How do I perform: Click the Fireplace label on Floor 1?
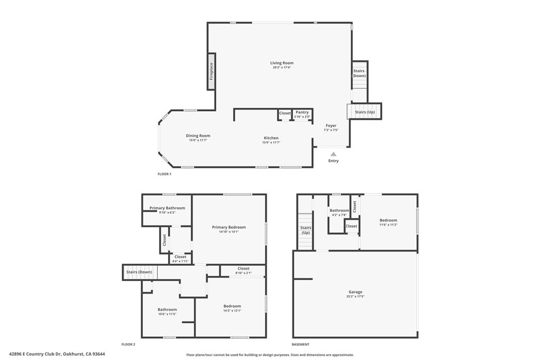pyautogui.click(x=211, y=71)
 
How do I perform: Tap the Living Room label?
pyautogui.click(x=282, y=63)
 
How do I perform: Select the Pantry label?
pyautogui.click(x=302, y=112)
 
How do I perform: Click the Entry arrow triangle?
pyautogui.click(x=333, y=154)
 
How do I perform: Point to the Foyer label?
pyautogui.click(x=331, y=125)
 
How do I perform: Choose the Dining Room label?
pyautogui.click(x=198, y=135)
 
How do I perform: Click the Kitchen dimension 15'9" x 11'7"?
pyautogui.click(x=271, y=142)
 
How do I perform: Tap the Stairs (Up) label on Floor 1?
pyautogui.click(x=365, y=112)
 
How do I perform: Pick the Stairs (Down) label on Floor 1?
pyautogui.click(x=359, y=73)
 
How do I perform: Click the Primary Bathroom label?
pyautogui.click(x=167, y=208)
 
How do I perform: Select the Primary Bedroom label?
pyautogui.click(x=229, y=227)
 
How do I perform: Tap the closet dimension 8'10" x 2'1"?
pyautogui.click(x=243, y=273)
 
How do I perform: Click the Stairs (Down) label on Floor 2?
pyautogui.click(x=139, y=272)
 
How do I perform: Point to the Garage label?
pyautogui.click(x=355, y=291)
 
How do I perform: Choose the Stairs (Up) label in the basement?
pyautogui.click(x=305, y=230)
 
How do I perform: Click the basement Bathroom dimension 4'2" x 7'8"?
pyautogui.click(x=339, y=215)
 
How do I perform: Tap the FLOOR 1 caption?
pyautogui.click(x=165, y=174)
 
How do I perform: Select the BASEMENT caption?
pyautogui.click(x=301, y=344)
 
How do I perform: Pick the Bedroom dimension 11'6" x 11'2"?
pyautogui.click(x=388, y=225)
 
